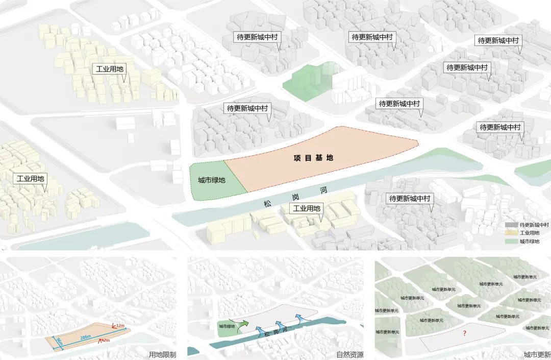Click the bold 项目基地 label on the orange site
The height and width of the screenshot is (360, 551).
313,158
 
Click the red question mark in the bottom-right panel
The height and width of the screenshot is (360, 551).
464,333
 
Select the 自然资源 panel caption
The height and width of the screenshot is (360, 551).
350,354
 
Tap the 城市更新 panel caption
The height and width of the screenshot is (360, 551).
537,354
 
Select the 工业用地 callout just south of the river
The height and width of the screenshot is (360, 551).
306,208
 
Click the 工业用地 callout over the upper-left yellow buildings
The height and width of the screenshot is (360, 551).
109,69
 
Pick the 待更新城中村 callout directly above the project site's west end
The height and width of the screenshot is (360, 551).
247,108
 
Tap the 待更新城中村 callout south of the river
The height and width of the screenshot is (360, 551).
410,198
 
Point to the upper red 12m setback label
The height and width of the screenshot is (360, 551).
120,325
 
